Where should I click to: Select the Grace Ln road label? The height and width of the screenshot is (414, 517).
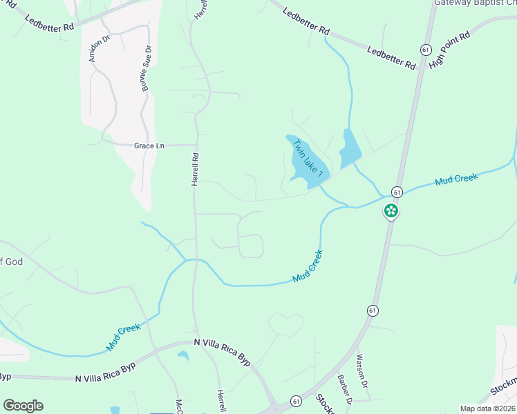click(x=149, y=146)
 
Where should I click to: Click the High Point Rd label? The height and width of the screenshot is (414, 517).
click(x=449, y=49)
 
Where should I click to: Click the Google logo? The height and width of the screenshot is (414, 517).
click(x=23, y=406)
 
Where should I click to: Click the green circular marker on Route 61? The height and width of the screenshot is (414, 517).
click(x=391, y=211)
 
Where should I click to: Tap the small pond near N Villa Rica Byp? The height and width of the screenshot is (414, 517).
click(x=183, y=356)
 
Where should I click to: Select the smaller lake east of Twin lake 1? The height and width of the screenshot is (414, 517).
click(x=350, y=146)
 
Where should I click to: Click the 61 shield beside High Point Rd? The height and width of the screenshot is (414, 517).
click(x=426, y=48)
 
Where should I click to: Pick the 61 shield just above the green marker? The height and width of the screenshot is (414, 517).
click(x=397, y=191)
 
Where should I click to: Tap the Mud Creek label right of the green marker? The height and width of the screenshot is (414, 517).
click(x=456, y=180)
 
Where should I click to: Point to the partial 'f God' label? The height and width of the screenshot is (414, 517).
click(x=7, y=262)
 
